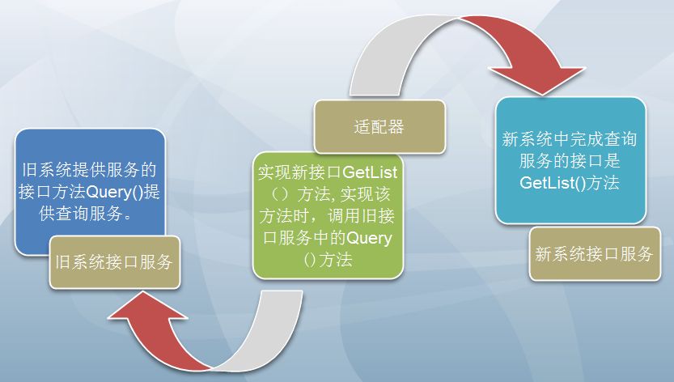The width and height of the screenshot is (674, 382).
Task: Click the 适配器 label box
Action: (x=379, y=127)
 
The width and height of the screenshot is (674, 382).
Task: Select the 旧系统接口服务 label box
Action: (x=114, y=262)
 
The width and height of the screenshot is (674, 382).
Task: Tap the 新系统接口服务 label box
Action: (x=595, y=254)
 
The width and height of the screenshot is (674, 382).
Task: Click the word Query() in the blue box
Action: (x=114, y=192)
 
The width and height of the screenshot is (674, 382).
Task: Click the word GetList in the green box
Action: (x=370, y=172)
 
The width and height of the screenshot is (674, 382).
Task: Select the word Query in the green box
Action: (x=369, y=238)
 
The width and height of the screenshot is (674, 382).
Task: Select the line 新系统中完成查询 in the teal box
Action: (x=569, y=139)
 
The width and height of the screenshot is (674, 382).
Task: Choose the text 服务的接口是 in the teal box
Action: (x=570, y=161)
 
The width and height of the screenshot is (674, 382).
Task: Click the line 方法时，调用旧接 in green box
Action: (x=327, y=216)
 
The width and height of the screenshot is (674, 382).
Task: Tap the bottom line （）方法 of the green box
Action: (x=328, y=260)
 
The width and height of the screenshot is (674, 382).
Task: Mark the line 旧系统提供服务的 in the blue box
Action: (x=89, y=170)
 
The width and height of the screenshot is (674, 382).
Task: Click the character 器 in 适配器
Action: (x=396, y=127)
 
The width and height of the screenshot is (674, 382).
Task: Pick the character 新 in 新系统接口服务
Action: (x=544, y=254)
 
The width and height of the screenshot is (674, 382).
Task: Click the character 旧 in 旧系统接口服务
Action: (x=64, y=262)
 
